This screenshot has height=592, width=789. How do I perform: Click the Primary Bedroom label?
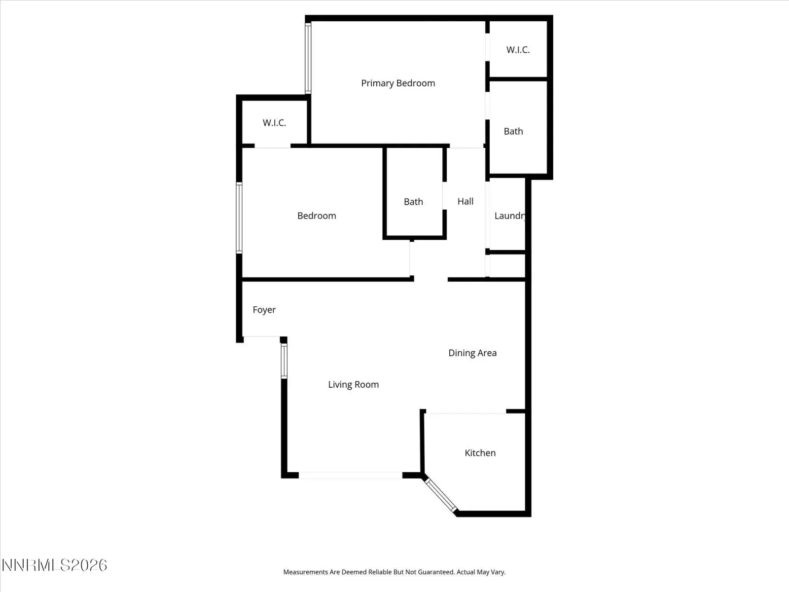[x=398, y=83]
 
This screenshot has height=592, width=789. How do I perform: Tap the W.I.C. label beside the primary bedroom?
[x=518, y=50]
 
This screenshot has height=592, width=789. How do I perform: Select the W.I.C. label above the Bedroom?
[x=274, y=123]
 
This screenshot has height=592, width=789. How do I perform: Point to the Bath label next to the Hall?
[x=413, y=202]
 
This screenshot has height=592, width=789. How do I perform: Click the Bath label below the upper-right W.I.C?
[x=513, y=131]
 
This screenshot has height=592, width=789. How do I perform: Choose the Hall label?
[x=466, y=201]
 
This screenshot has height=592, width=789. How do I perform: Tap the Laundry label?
[x=510, y=216]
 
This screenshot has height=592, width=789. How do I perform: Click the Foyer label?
[x=264, y=310]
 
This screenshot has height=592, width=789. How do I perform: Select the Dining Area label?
[x=472, y=353]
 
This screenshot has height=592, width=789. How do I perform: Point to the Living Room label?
[x=354, y=385]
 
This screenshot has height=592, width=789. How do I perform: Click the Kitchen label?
[x=480, y=453]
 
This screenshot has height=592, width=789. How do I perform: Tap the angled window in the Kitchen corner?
[x=441, y=495]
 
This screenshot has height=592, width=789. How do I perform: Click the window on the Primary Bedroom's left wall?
[x=308, y=58]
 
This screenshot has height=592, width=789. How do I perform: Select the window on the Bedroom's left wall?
[x=239, y=218]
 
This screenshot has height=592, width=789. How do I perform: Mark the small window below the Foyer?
[x=284, y=361]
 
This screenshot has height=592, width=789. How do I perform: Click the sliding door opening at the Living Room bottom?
[x=351, y=475]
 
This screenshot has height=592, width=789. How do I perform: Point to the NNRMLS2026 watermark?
[x=55, y=565]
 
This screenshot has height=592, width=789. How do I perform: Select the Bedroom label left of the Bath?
[x=317, y=216]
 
